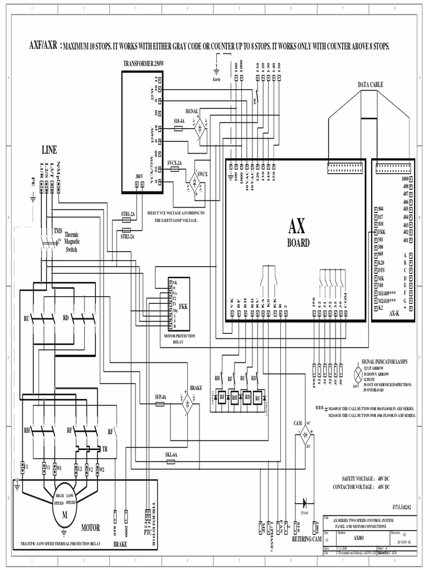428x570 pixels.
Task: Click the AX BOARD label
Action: point(298,234)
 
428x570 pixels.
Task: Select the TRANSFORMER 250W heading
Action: point(143,64)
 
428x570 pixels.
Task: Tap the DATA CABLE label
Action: point(370,84)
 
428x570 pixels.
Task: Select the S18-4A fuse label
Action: point(178,121)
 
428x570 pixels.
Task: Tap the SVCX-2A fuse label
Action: point(174,163)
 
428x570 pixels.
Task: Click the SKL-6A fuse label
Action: point(171,455)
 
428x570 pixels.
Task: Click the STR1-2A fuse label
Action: point(128,214)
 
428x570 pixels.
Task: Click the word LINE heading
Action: point(49,149)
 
